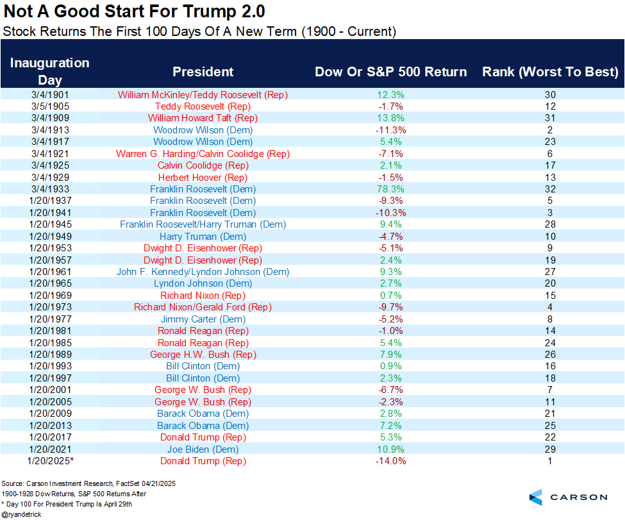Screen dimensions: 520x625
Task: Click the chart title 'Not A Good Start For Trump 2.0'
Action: point(134,12)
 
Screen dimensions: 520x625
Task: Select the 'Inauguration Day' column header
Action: point(49,71)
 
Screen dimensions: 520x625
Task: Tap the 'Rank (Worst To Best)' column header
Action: point(550,72)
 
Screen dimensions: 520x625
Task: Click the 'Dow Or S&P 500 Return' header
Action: point(390,72)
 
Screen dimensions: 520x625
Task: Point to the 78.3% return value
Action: point(390,189)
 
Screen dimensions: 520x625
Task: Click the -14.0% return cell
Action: point(390,461)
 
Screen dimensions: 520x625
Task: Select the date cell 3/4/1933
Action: point(49,189)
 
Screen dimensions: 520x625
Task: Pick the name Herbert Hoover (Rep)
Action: point(203,178)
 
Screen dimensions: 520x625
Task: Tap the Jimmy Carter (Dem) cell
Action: point(203,319)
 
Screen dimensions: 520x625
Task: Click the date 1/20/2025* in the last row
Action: point(49,461)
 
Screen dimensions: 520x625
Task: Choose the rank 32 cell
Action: point(550,189)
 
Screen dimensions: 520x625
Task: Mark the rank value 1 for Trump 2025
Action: point(550,461)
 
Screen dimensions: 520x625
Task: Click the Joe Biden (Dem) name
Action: point(203,449)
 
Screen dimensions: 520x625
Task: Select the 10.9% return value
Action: point(390,449)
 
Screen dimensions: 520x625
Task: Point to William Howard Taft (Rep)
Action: point(203,118)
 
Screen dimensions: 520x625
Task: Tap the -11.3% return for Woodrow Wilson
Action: point(390,130)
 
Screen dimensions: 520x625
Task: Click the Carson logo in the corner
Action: point(568,497)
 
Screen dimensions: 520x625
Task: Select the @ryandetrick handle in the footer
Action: point(23,514)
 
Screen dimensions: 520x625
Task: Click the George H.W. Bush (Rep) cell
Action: point(203,355)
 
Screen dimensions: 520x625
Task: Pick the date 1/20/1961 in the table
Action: point(49,272)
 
